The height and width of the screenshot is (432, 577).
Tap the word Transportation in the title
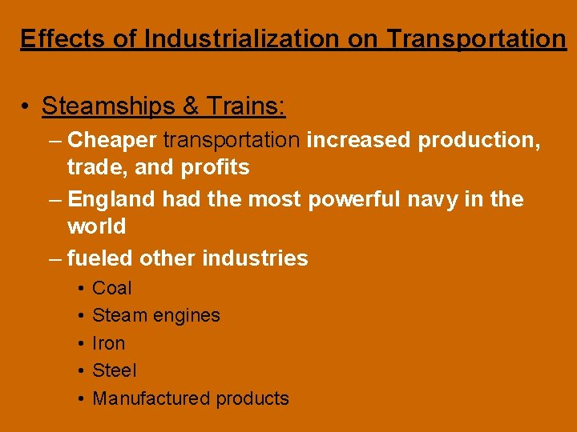coord(477,38)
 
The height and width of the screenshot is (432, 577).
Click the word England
coord(111,199)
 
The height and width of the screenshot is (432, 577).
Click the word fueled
coord(100,258)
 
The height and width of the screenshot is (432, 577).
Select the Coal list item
coord(112,288)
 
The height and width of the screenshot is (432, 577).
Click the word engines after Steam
coord(186,316)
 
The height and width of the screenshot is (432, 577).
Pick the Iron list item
coord(109,343)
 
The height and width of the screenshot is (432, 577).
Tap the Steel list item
coord(115,370)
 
